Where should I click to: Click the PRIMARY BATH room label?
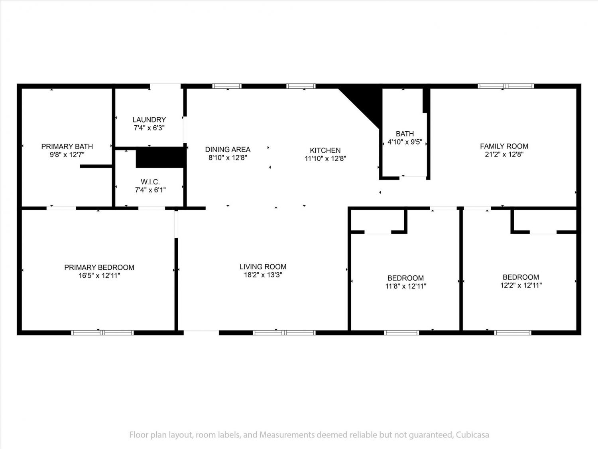(x=67, y=146)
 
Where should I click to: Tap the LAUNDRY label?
(x=149, y=120)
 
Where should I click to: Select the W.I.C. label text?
(x=150, y=182)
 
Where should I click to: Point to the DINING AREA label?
(x=228, y=149)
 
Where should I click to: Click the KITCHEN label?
(x=325, y=150)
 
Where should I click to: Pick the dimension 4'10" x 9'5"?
(x=405, y=142)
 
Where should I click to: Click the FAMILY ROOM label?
(x=504, y=146)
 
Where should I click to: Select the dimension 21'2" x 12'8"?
(x=504, y=154)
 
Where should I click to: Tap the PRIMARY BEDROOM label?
(x=99, y=267)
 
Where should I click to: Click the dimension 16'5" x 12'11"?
(x=99, y=276)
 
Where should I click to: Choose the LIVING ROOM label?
(x=263, y=267)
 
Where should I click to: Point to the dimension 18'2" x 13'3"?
(x=263, y=275)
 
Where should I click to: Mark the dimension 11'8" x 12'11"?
(x=406, y=286)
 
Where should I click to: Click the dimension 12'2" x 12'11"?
(x=521, y=285)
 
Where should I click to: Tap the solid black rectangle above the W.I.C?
(x=160, y=157)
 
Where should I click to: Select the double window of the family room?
(x=506, y=86)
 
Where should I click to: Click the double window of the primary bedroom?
(x=102, y=332)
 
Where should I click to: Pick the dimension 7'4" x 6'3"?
(x=149, y=128)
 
